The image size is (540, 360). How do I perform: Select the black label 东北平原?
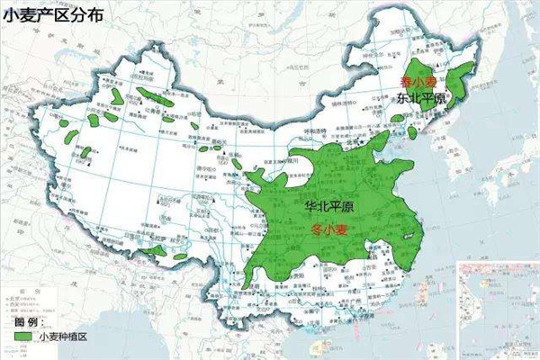tap(421, 99)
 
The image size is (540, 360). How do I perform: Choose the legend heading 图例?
tap(27, 321)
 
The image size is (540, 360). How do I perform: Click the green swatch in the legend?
tap(24, 337)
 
